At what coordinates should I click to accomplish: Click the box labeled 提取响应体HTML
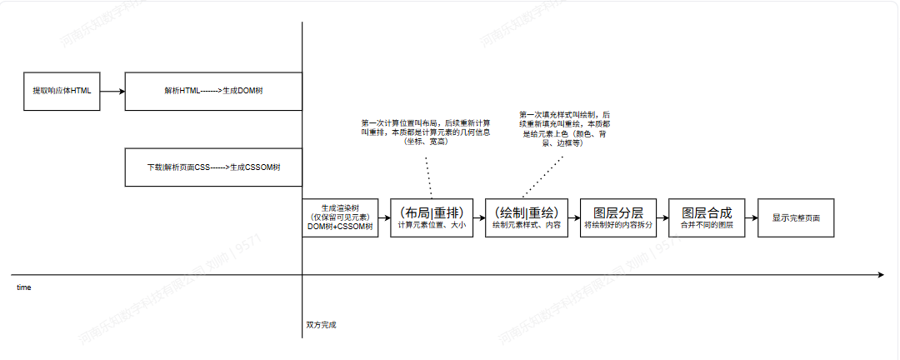coord(62,91)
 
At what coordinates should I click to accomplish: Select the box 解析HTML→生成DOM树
coord(212,91)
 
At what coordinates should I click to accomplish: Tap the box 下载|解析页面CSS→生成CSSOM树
coord(212,167)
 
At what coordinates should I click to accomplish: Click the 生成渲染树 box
coord(341,217)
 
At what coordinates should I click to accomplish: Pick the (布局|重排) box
coord(431,217)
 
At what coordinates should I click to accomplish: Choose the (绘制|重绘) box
coord(525,217)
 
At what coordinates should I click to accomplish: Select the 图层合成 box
coord(707,217)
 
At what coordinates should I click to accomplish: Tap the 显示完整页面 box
coord(795,217)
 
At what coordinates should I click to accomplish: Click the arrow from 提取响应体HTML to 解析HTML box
coord(113,91)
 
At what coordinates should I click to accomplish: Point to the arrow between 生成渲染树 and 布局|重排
coord(384,217)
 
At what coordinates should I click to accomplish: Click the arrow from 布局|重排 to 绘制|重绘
coord(478,217)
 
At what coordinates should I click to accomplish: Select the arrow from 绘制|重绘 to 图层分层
coord(572,217)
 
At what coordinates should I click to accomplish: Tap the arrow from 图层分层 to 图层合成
coord(663,217)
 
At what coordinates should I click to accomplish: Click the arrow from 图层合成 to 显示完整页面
coord(752,217)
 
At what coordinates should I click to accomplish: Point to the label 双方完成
coord(320,325)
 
